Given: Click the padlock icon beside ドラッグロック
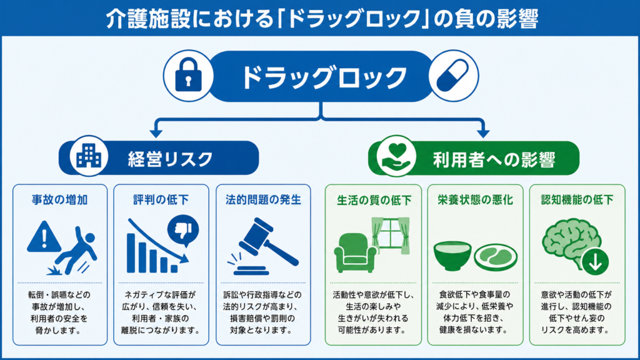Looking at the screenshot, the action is coord(188,76).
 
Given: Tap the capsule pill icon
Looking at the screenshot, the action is coord(452,75).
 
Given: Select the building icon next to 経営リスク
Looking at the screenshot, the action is coord(89,156).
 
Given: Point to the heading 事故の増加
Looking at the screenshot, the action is coord(60,199).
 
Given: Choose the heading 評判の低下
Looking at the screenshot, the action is coord(161,199).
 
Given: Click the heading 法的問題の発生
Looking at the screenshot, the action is coord(263,199).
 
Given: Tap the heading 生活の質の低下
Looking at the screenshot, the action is coord(374,200).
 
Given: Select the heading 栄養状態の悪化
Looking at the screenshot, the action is coord(475,199).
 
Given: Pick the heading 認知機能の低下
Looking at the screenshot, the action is coord(577,199).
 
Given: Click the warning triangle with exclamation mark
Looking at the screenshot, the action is coord(44,237).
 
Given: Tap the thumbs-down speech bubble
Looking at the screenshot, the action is coord(183,231).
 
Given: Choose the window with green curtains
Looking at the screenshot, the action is coord(390,235).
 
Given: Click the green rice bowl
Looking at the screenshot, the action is coord(452,256).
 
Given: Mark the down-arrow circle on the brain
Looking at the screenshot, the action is coord(596,262).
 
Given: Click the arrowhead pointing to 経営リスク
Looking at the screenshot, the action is coord(156,133).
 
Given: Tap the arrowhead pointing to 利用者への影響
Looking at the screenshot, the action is coord(483,133).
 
